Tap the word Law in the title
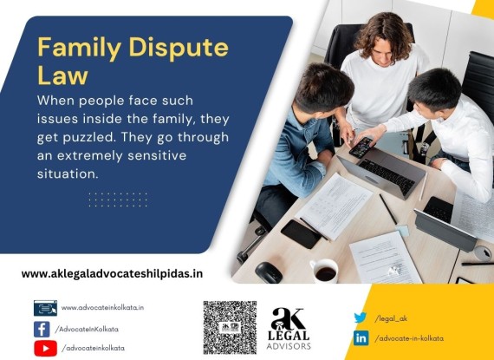[x=62, y=75]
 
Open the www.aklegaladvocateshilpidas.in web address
[x=112, y=273]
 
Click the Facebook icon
[x=42, y=330]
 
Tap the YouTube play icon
[x=45, y=349]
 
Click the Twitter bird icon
[x=361, y=317]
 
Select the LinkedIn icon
[x=361, y=338]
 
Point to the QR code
[x=230, y=328]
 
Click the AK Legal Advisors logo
[x=289, y=328]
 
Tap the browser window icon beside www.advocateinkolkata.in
[x=45, y=308]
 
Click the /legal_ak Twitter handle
[x=391, y=318]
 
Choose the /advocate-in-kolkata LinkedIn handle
[x=409, y=338]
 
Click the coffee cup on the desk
[x=324, y=271]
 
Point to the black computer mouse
[x=269, y=272]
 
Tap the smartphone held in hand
[x=361, y=147]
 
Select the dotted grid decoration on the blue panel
[x=118, y=200]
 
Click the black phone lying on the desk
[x=301, y=234]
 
